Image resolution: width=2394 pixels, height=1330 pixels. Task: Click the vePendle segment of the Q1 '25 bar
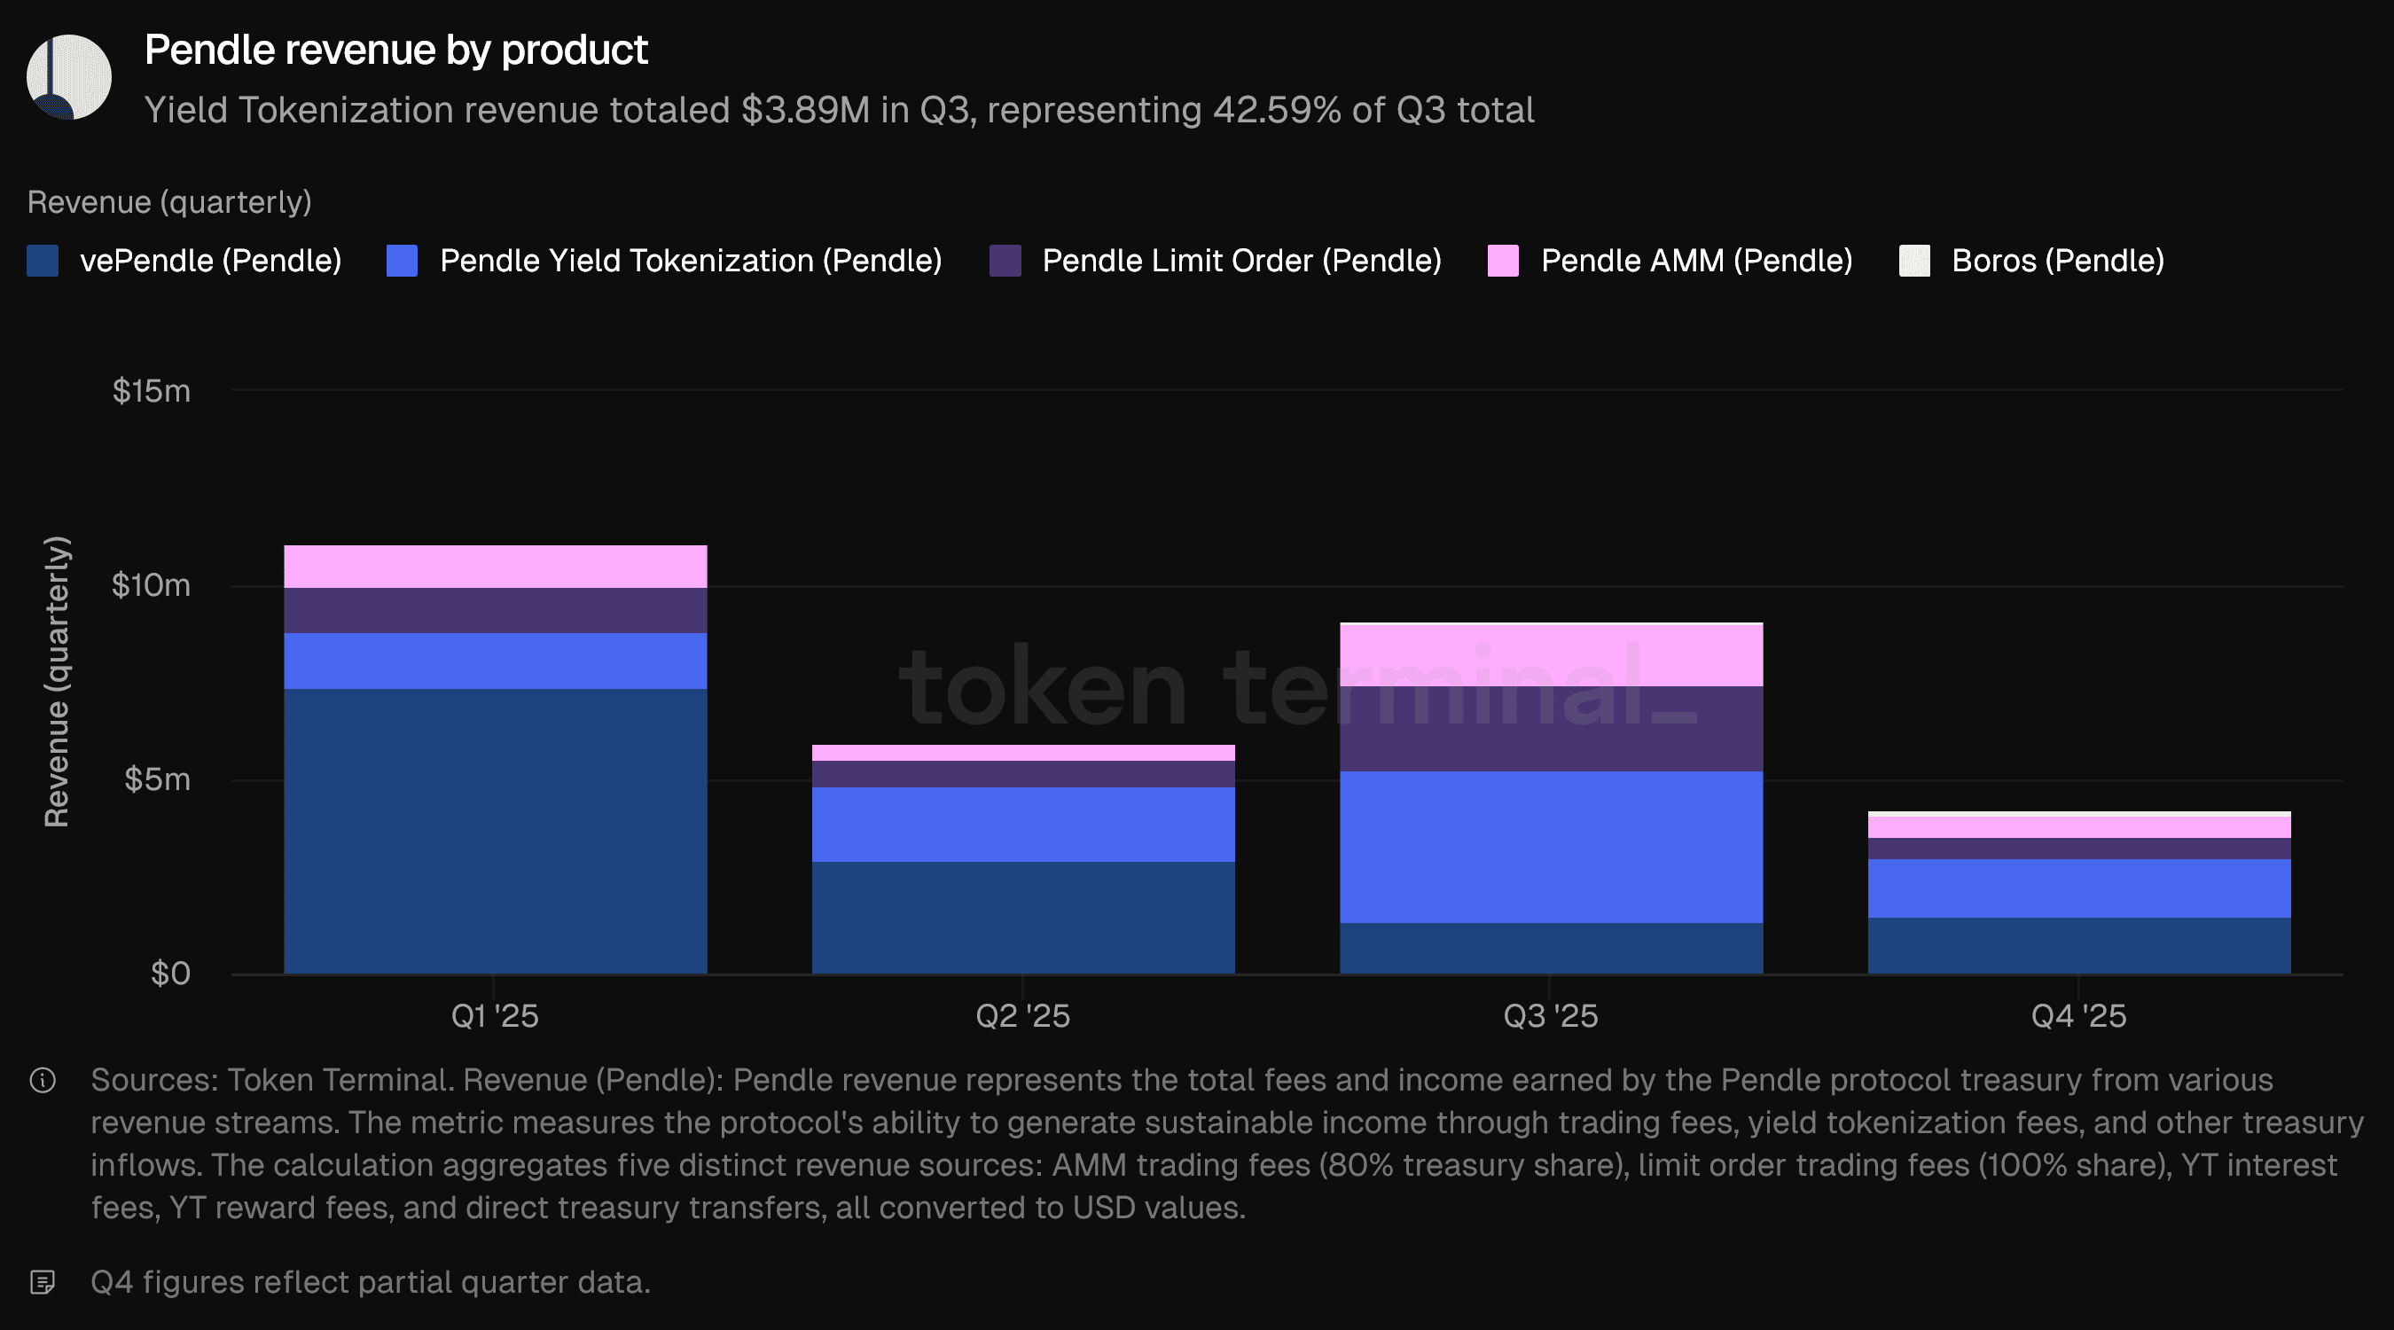tap(495, 831)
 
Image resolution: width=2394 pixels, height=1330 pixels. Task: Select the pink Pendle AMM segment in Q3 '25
tap(1550, 655)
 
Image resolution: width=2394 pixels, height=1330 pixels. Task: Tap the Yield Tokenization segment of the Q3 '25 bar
tap(1550, 847)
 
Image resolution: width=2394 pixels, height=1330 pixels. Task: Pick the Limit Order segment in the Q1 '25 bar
tap(495, 611)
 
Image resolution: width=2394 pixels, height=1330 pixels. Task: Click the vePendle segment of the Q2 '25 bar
tap(1022, 918)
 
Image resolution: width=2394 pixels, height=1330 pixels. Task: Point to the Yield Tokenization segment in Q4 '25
tap(2078, 888)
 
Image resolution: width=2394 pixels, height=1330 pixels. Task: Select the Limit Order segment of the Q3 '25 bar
tap(1550, 729)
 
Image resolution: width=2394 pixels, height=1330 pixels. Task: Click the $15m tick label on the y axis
tap(152, 391)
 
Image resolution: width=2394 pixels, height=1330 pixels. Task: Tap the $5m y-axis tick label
tap(157, 779)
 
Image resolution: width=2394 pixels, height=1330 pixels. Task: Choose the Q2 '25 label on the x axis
tap(1022, 1016)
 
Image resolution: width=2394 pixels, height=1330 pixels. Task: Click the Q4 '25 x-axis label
tap(2078, 1016)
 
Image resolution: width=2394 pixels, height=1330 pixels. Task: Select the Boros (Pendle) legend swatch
tap(1913, 262)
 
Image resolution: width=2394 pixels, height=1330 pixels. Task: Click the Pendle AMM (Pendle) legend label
tap(1696, 262)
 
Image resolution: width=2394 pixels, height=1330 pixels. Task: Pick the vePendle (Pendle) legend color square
tap(43, 262)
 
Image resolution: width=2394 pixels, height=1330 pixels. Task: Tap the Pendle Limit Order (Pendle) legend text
tap(1241, 262)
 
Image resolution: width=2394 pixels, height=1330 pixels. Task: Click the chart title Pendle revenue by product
tap(396, 51)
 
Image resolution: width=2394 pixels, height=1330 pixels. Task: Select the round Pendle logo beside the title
tap(69, 77)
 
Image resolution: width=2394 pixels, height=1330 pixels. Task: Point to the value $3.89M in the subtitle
tap(805, 111)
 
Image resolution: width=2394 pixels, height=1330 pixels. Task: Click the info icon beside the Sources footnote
tap(43, 1080)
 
